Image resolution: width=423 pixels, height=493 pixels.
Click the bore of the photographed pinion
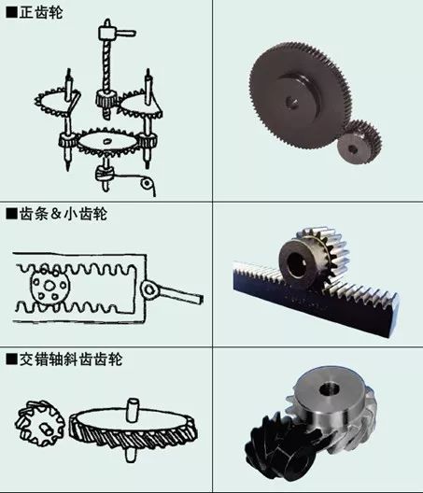click(299, 255)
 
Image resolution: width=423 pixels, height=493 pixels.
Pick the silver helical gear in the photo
click(331, 407)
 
